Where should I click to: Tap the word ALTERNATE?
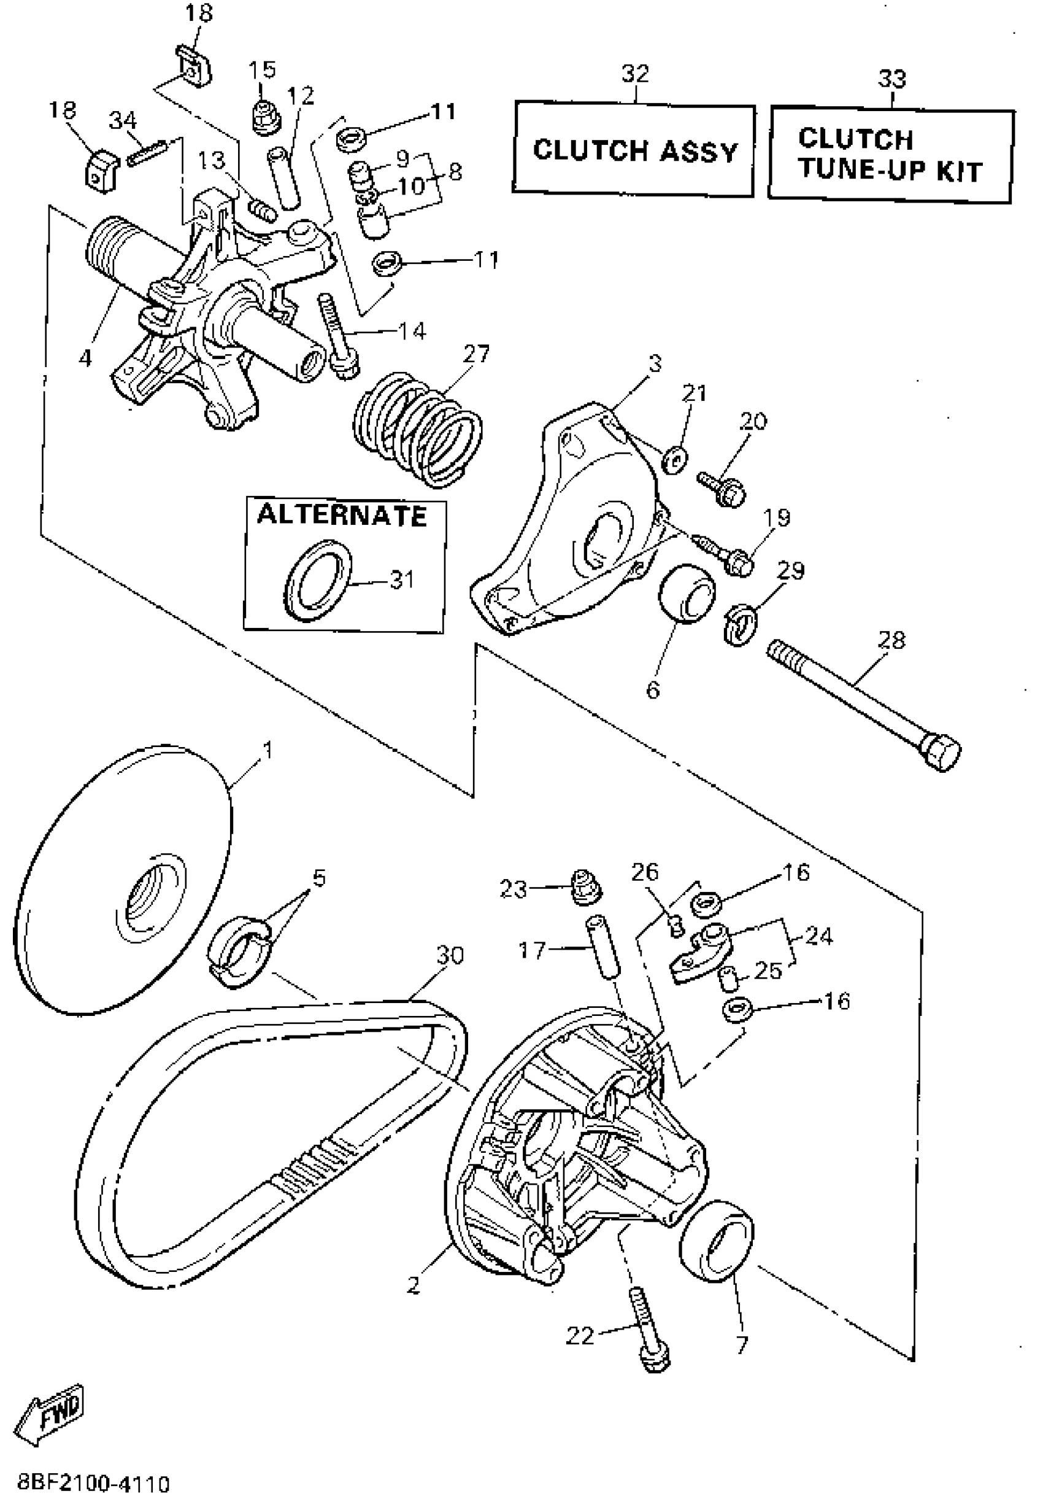coord(342,516)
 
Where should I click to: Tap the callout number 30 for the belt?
coord(450,956)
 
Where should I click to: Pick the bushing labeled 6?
coord(686,593)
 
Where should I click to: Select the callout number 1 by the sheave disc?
coord(267,751)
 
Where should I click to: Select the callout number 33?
coord(891,79)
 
